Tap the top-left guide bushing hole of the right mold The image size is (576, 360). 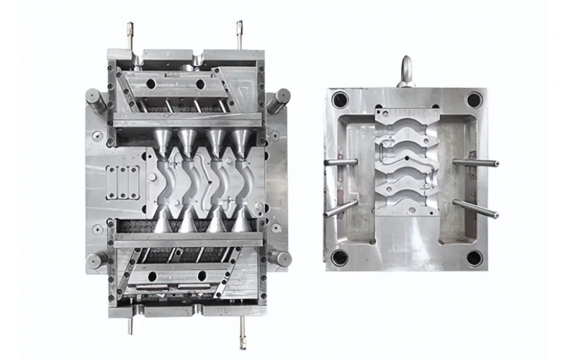340,100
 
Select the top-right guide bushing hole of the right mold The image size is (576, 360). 473,100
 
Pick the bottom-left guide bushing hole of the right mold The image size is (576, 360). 340,257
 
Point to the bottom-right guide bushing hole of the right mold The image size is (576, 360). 473,257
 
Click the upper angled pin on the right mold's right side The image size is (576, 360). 475,163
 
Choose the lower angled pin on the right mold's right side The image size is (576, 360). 475,209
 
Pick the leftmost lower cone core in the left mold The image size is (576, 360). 165,220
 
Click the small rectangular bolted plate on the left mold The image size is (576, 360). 123,180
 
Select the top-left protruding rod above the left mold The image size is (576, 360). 131,36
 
